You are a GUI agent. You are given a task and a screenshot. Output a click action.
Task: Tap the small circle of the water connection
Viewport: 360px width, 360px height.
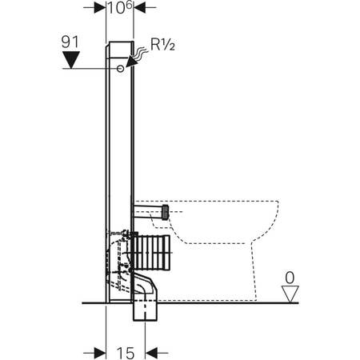point(120,70)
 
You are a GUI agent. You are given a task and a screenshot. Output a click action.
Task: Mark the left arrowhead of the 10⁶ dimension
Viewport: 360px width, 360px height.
point(100,8)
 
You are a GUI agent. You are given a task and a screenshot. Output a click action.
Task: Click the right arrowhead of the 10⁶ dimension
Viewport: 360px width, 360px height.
point(140,8)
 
